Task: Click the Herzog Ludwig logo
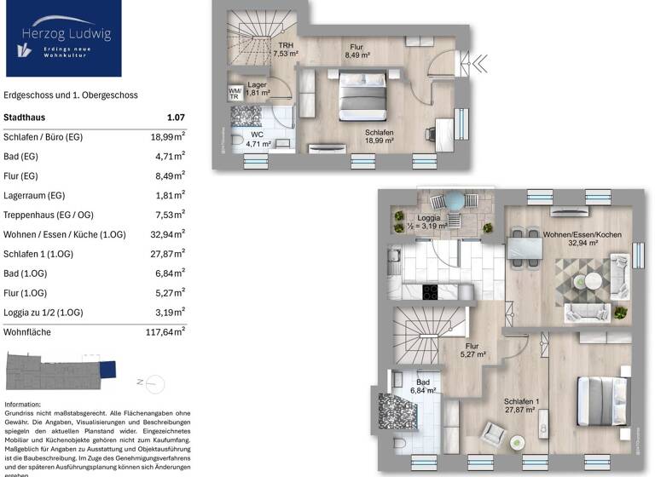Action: tap(61, 38)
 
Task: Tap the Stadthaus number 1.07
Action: tap(176, 118)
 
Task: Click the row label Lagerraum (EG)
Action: tap(34, 195)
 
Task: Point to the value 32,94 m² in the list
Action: tap(165, 234)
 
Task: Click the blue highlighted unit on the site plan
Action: tap(107, 370)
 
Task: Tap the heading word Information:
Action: tap(23, 404)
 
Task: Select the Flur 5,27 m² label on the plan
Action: tap(472, 350)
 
